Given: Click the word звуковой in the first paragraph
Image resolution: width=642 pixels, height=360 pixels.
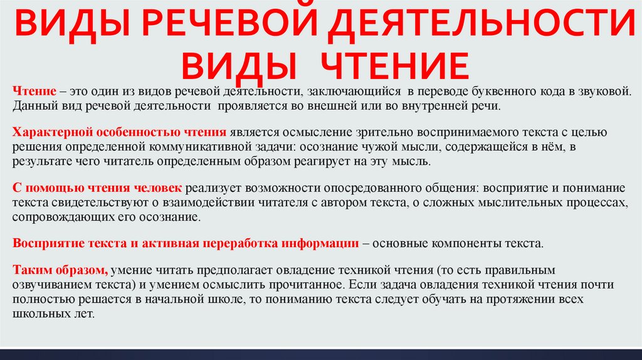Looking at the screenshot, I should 599,92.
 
